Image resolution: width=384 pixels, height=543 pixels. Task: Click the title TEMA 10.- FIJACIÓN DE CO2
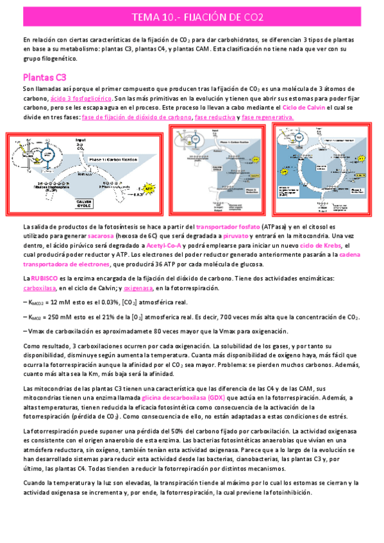point(192,16)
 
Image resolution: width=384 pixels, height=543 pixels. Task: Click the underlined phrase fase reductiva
point(215,118)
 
